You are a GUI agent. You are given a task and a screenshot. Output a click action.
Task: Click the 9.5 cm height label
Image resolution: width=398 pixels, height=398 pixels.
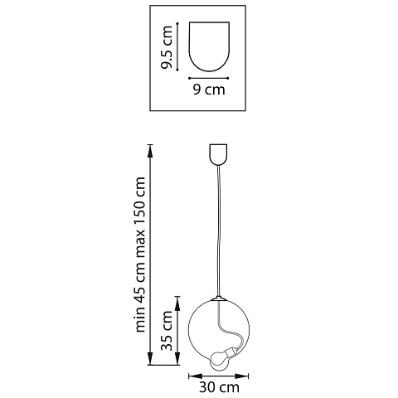167,47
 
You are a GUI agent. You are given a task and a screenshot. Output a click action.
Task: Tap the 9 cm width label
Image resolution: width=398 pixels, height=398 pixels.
209,90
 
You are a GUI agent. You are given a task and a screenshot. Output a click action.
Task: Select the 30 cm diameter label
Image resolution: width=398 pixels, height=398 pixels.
219,387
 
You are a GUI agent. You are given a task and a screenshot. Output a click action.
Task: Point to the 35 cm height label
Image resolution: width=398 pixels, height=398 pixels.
167,331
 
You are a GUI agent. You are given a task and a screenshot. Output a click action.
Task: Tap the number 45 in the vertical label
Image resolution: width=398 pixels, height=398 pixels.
139,296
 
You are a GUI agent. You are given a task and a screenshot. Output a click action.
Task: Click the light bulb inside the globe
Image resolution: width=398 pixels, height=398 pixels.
221,359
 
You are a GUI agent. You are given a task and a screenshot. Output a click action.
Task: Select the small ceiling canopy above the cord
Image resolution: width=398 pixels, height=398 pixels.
218,154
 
